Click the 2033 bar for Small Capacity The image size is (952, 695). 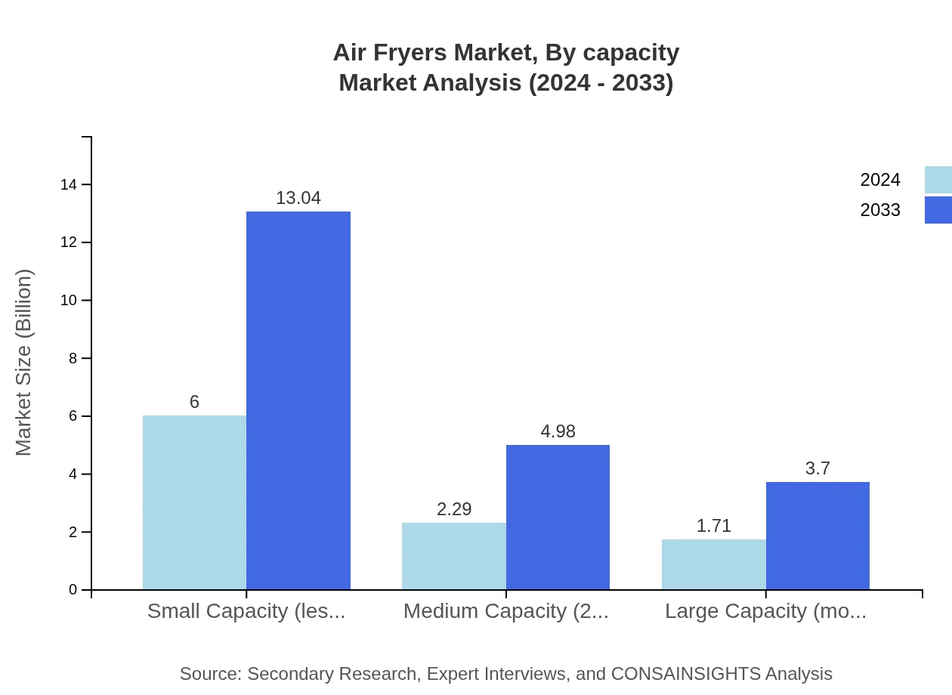pos(298,400)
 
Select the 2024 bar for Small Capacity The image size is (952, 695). pos(194,502)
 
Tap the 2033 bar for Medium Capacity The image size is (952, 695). pos(558,517)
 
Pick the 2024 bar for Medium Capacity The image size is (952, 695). pos(454,556)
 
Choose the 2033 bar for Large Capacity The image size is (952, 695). pos(818,536)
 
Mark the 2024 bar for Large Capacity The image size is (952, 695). pos(713,564)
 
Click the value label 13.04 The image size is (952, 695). pos(298,198)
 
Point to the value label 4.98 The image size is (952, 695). pos(558,431)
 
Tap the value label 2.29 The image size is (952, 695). pos(454,509)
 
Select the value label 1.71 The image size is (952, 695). pos(713,526)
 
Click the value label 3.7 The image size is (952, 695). pos(818,468)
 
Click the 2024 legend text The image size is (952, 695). pos(880,180)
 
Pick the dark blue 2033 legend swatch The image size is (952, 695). pos(938,210)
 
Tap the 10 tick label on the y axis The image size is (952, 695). pos(69,301)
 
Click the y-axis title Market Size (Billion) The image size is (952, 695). pos(23,363)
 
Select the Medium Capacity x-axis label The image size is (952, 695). pos(505,611)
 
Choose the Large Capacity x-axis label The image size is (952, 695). pos(765,611)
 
